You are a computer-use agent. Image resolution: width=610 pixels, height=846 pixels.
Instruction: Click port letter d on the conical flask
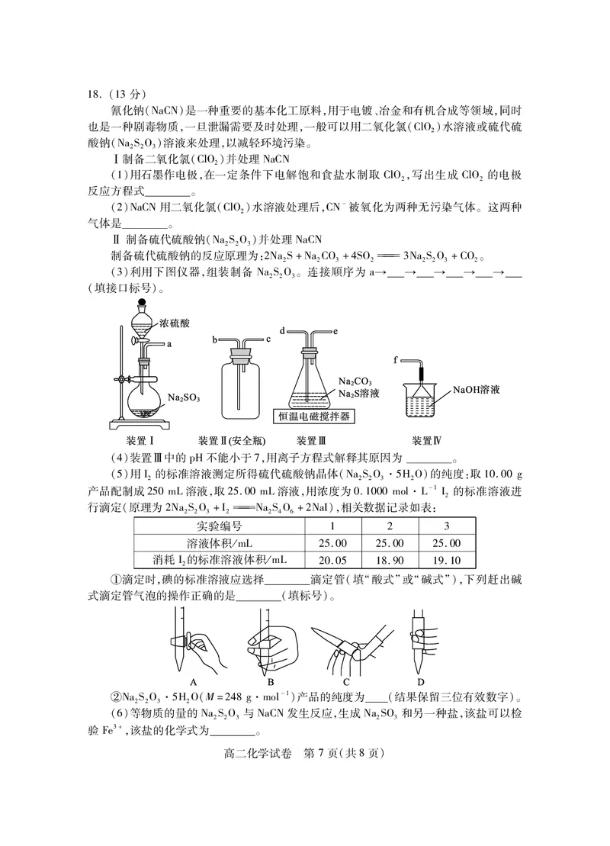point(282,331)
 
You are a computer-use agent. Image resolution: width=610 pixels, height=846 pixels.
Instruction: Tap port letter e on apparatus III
point(335,331)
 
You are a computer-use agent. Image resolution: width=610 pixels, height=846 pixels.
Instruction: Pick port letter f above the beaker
point(396,359)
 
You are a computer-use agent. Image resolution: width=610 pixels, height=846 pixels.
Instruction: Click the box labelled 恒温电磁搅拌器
point(314,417)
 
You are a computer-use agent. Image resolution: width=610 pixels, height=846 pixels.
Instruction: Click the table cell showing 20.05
point(332,559)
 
